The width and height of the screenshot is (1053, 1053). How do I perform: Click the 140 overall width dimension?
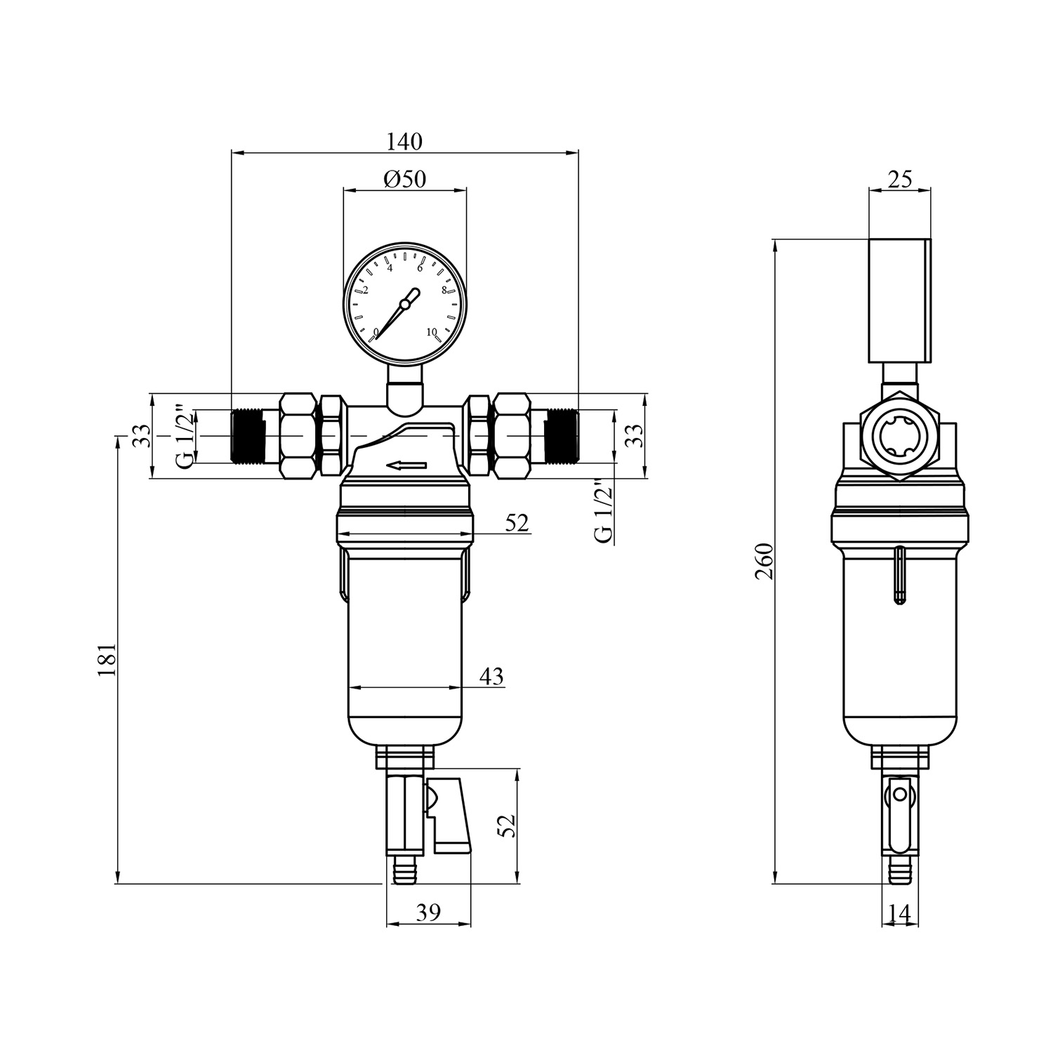(x=405, y=141)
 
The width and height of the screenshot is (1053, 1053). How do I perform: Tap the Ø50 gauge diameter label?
(x=405, y=179)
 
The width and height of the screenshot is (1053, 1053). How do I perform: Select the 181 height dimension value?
(x=107, y=659)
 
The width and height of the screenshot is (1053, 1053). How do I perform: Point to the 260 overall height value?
(x=764, y=561)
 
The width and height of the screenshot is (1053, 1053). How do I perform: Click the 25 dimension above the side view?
(x=900, y=180)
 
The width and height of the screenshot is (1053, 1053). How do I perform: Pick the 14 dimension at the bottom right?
(x=899, y=913)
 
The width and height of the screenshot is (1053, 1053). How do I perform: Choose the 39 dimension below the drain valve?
(x=428, y=913)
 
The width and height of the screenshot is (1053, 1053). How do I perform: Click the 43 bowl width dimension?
(x=491, y=676)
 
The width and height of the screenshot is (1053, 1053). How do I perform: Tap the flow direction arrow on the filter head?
(x=406, y=465)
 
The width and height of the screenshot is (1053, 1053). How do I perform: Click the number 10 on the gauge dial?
(x=431, y=332)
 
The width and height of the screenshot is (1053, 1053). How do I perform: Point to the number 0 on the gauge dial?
(x=376, y=331)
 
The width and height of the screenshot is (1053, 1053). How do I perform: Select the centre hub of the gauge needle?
(x=404, y=304)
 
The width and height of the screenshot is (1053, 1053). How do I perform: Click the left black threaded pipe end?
(x=247, y=436)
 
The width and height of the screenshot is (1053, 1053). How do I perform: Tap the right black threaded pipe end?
(x=561, y=436)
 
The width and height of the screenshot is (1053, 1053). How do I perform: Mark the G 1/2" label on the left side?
(x=184, y=436)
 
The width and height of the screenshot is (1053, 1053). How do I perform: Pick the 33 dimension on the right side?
(x=634, y=437)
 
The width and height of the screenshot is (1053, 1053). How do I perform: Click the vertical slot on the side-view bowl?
(x=899, y=575)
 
